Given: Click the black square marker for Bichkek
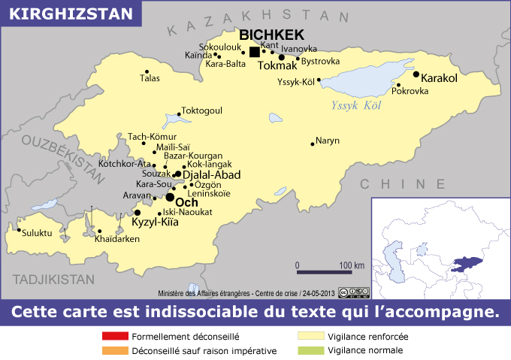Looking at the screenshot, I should (x=254, y=52).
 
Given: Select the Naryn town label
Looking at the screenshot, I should (x=328, y=141).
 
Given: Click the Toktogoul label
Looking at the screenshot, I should (x=202, y=110).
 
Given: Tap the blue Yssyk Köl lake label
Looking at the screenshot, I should (x=357, y=105).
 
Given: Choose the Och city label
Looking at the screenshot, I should (x=186, y=202).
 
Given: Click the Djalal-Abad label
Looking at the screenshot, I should (x=212, y=174).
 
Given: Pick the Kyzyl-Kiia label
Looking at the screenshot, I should (x=156, y=223).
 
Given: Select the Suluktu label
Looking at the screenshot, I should (x=37, y=233).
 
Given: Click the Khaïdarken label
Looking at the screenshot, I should (x=118, y=239).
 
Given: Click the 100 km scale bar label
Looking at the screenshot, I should (x=351, y=265).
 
